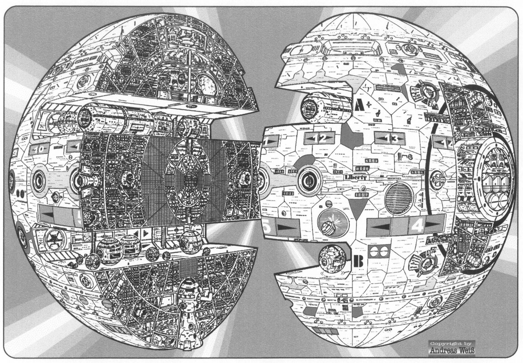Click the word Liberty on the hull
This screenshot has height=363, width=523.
coord(355,178)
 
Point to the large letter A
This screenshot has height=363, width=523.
coord(360,105)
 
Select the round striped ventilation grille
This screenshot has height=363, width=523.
coord(398,198)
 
